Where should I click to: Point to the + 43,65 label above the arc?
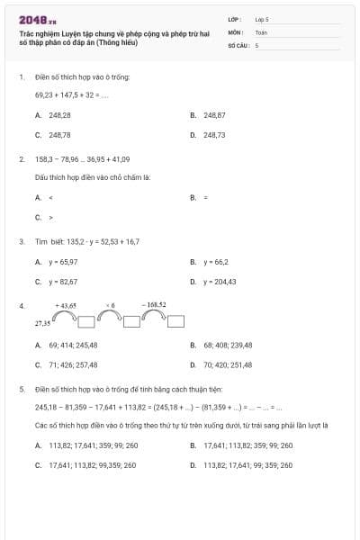pos(67,305)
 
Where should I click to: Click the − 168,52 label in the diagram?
pos(154,305)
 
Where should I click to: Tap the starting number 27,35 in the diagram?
pos(42,321)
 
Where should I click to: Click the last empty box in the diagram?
pos(176,321)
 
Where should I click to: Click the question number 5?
pos(21,389)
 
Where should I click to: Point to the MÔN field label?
pos(236,31)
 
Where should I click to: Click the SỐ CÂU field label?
pos(238,44)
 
